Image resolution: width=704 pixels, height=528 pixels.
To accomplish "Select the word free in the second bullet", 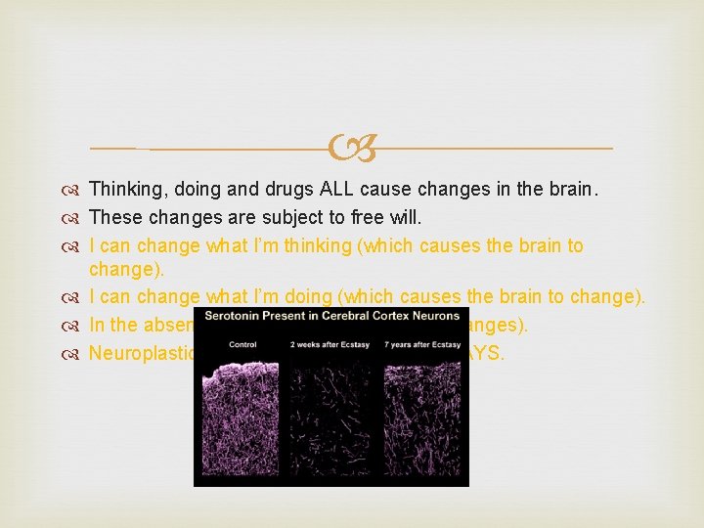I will coord(378,217).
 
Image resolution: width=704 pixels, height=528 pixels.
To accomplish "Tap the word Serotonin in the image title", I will coord(236,316).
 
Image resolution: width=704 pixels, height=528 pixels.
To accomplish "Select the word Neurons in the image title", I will coord(433,316).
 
